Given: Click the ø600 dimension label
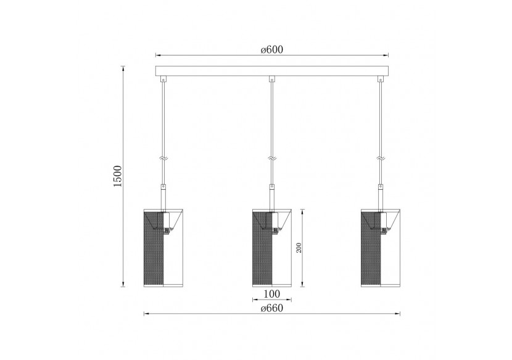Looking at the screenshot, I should click(271, 49).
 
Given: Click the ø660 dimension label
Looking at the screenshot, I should click(271, 309).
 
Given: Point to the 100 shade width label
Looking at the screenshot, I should click(271, 294).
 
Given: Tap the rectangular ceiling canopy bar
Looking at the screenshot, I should click(271, 70).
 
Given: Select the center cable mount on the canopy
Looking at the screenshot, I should click(271, 79).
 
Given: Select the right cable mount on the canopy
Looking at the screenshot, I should click(380, 79).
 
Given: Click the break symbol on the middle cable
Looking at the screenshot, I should click(271, 158).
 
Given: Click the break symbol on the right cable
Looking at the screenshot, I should click(380, 158).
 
